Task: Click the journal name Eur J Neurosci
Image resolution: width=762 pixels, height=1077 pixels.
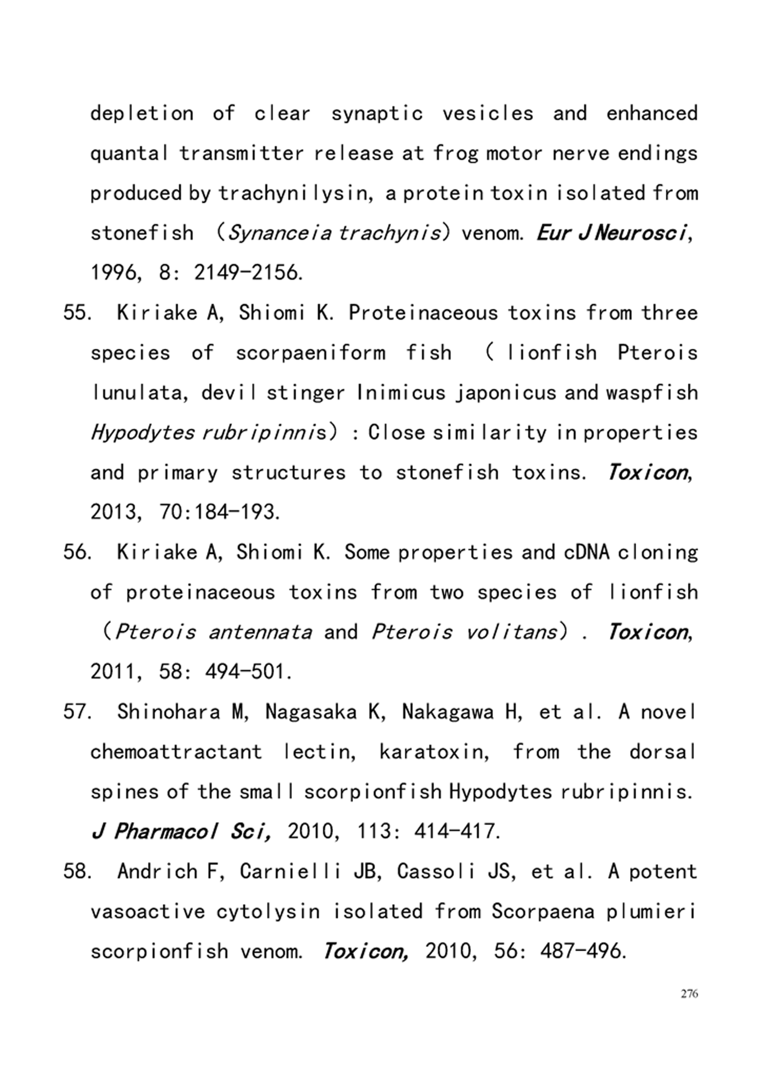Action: (611, 232)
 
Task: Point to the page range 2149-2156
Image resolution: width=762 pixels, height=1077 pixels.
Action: (248, 273)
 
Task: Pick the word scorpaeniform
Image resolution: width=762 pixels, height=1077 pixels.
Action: (310, 353)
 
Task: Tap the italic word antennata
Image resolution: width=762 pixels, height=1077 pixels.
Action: (260, 632)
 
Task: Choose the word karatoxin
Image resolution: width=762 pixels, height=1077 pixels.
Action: (434, 752)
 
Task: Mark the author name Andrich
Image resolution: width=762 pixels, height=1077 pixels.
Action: (157, 871)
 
